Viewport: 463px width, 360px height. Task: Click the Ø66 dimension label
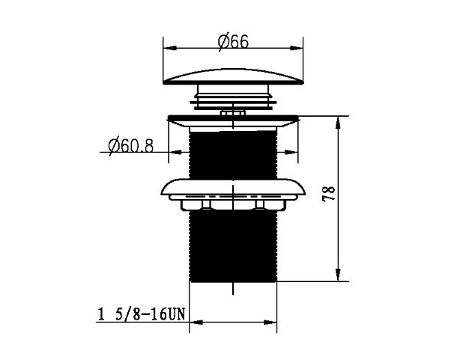click(x=233, y=42)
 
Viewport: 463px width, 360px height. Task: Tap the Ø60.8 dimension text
click(x=131, y=145)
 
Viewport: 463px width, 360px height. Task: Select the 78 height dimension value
click(x=329, y=193)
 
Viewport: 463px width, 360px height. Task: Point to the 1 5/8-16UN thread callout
click(x=141, y=314)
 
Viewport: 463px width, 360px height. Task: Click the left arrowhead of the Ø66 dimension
click(x=170, y=48)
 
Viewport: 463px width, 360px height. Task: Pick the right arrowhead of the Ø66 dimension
click(x=297, y=48)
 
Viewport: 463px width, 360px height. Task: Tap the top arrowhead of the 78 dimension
click(x=339, y=123)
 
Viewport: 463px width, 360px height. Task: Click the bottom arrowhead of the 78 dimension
click(x=339, y=275)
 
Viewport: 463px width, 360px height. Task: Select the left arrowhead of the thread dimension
click(x=196, y=322)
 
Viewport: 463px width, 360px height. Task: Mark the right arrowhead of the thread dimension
click(x=270, y=322)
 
